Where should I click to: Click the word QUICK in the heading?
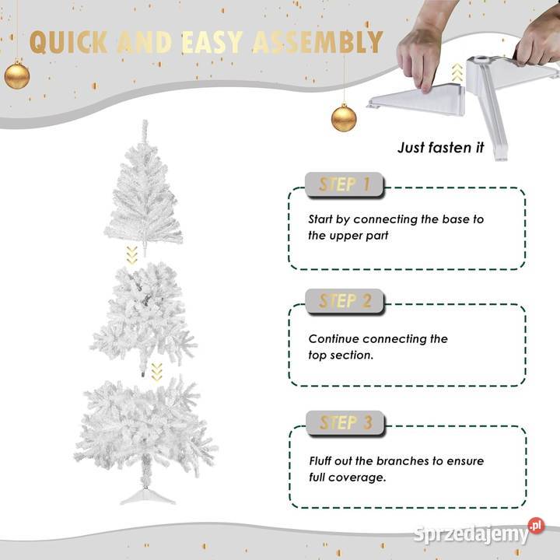click(x=69, y=42)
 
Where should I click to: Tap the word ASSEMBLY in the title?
click(x=318, y=42)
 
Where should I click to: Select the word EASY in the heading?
click(x=212, y=42)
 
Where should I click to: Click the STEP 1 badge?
click(x=345, y=184)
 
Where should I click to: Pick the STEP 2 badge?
click(x=345, y=301)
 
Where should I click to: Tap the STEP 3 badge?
click(x=345, y=423)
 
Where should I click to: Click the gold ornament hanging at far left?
click(x=17, y=75)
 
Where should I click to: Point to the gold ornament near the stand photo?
click(x=344, y=117)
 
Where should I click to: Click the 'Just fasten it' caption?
click(x=441, y=148)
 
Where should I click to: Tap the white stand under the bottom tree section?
click(x=148, y=495)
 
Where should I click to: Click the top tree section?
click(x=144, y=188)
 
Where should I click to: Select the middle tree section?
click(x=144, y=318)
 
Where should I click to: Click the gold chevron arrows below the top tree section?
click(x=131, y=255)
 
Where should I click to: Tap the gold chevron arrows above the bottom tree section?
click(x=156, y=372)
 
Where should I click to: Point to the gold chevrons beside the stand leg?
click(x=457, y=72)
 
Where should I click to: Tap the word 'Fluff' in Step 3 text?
click(x=320, y=460)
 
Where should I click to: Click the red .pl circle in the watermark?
click(x=537, y=526)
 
